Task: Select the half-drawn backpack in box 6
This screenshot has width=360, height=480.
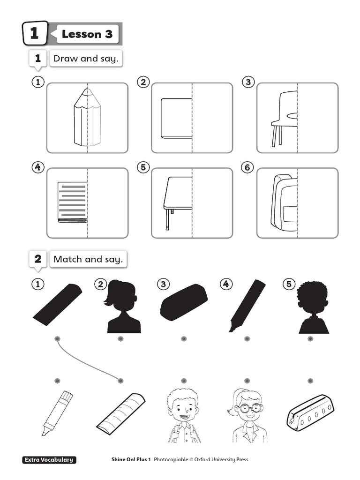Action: (285, 203)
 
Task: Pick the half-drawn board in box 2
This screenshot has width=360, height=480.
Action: (176, 118)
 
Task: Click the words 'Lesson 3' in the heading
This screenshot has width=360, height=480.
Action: (87, 34)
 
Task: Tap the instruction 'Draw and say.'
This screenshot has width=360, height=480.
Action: (86, 59)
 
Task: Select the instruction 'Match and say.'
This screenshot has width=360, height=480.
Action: (88, 259)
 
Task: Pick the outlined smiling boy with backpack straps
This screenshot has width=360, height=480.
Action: (184, 416)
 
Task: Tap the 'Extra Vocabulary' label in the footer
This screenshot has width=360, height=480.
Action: (49, 460)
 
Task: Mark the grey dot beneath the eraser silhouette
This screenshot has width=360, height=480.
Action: (184, 338)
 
